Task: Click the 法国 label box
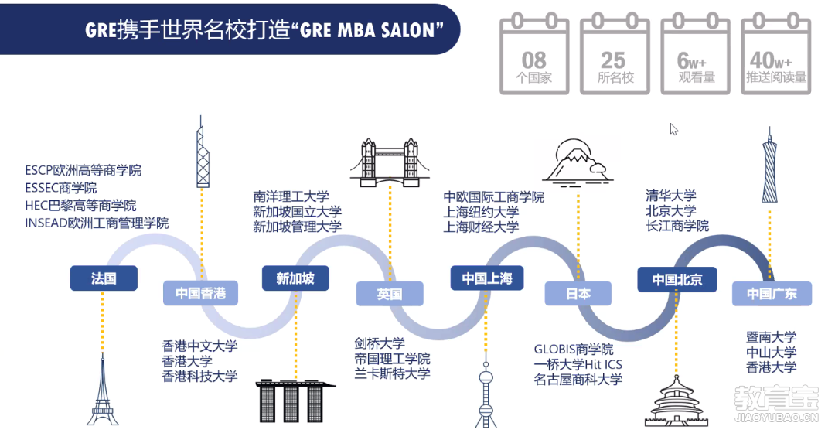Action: pos(104,278)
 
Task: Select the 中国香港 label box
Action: pos(200,293)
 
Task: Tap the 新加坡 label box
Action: pos(295,278)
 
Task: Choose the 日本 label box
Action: pos(578,294)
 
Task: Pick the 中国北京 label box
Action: pos(677,279)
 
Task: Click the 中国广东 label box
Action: pos(772,294)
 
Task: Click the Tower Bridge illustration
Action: pos(390,162)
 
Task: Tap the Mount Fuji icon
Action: pos(578,162)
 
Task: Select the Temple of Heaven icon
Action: pos(677,401)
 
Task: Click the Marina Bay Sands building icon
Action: pos(295,401)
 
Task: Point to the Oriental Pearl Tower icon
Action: pos(486,394)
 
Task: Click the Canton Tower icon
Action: pos(769,165)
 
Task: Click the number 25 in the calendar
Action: pos(613,60)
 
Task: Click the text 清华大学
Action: pos(671,195)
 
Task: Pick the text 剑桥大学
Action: pos(380,343)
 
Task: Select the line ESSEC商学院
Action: pos(61,187)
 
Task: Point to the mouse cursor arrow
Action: pos(673,129)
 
